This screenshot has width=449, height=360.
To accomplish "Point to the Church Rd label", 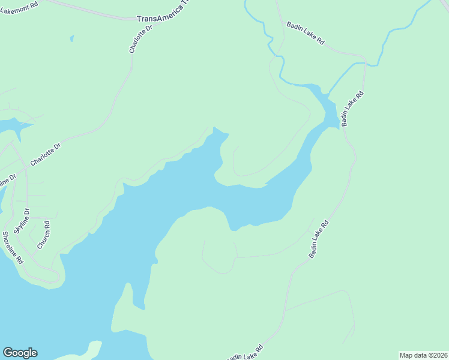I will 44,235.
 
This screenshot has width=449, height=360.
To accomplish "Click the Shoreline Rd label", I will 12,247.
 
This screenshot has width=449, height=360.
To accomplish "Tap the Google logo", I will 20,353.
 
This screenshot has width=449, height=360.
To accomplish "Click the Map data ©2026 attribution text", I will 423,355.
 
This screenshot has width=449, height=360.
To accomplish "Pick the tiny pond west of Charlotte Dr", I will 71,38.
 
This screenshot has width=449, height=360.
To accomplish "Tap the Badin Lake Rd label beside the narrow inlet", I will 352,109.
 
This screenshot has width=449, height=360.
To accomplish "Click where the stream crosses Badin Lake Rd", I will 365,62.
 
